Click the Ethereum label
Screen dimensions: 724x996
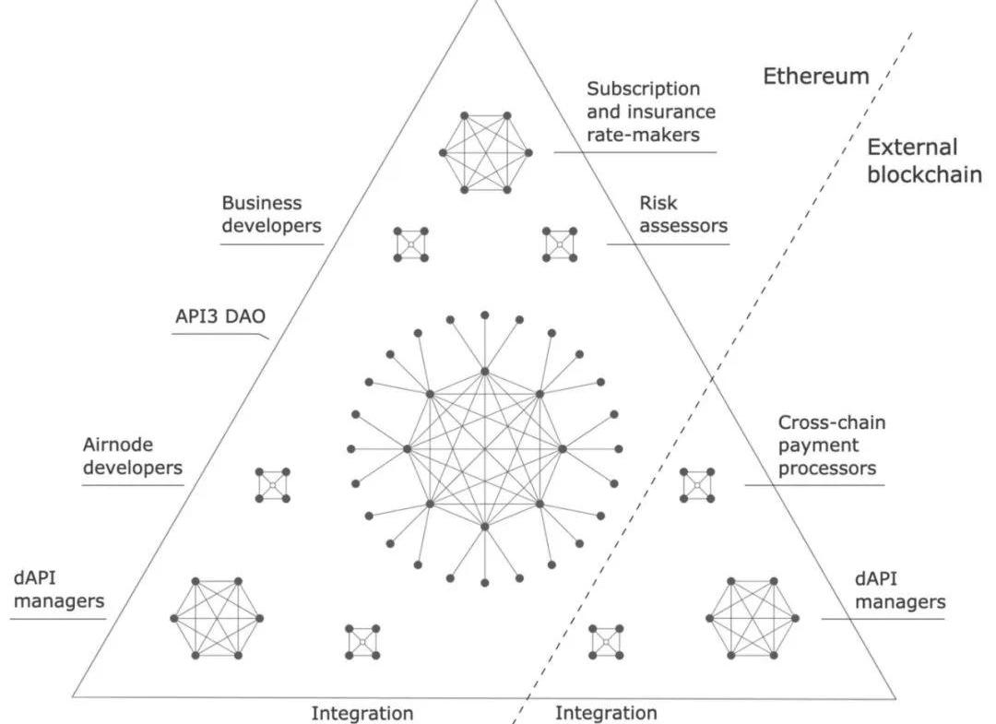pos(815,77)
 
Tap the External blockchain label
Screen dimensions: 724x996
pos(924,160)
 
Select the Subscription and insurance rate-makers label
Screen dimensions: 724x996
pos(651,112)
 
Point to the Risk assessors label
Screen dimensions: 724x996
pos(683,213)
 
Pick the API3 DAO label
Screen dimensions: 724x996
pos(220,316)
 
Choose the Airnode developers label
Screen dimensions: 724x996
pos(133,457)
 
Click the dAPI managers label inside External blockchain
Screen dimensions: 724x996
pos(899,591)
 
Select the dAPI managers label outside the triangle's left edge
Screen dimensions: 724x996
pos(57,591)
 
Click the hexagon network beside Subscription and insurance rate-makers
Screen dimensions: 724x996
pos(486,152)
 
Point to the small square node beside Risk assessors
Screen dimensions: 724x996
pos(559,243)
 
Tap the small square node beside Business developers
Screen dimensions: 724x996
pos(410,243)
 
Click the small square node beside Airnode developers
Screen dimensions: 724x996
pos(273,484)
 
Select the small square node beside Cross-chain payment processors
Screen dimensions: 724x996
pos(697,484)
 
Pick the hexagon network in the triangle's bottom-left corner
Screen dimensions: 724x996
pos(217,618)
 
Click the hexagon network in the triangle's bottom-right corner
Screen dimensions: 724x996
pos(752,618)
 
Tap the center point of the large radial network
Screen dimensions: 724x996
pos(484,449)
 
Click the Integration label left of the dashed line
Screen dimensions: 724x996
pos(362,713)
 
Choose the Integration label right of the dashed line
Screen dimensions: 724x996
pos(607,713)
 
